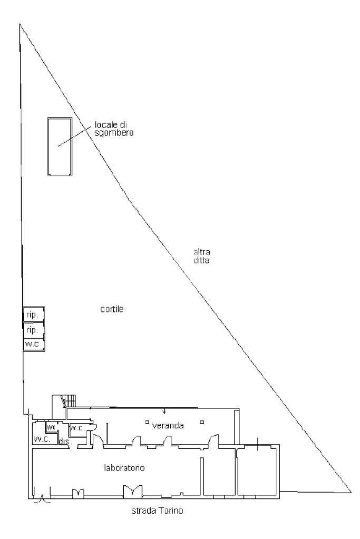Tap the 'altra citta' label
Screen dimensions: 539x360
tap(202, 256)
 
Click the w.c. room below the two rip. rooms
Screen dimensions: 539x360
tap(33, 344)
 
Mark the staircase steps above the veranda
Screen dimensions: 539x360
tap(70, 401)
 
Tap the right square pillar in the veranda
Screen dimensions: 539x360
tap(202, 421)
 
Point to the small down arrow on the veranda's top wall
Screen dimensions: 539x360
tap(164, 411)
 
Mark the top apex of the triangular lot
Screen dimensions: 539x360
tap(20, 24)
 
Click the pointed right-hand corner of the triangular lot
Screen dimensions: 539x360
tap(351, 492)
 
